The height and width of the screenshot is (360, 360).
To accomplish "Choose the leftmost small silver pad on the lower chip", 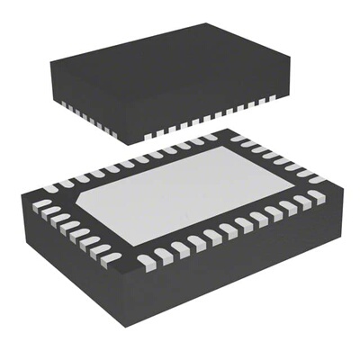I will pyautogui.click(x=41, y=205).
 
